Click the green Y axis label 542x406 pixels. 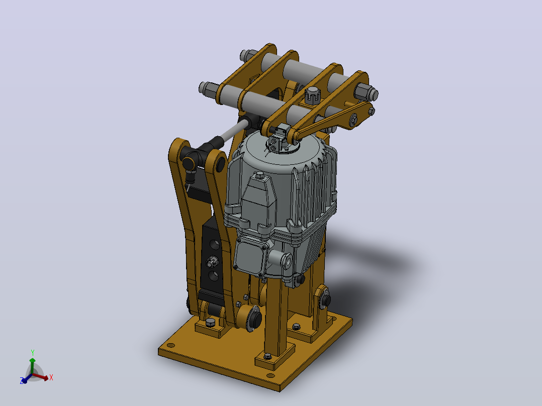click(33, 352)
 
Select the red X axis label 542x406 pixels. click(51, 377)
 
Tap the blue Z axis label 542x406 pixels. click(22, 381)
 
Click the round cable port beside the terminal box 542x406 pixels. click(286, 260)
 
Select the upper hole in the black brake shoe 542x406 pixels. click(214, 244)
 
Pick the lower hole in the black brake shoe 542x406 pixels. click(214, 275)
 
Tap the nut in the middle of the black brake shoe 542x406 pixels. click(212, 262)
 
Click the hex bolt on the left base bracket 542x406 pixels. click(210, 323)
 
